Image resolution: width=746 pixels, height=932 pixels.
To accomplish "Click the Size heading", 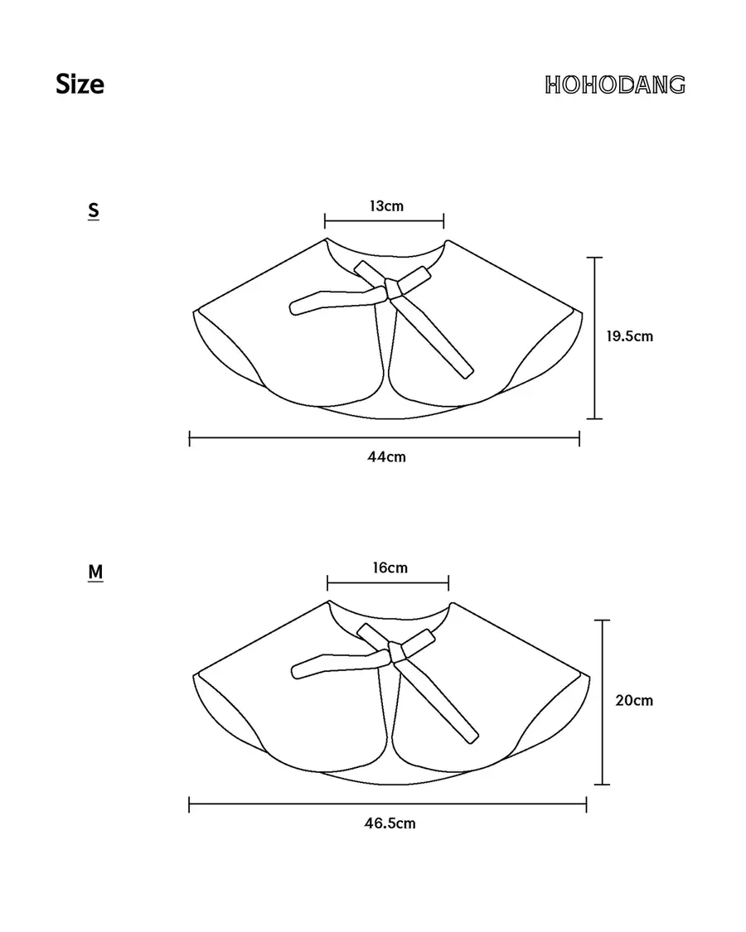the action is tap(80, 84).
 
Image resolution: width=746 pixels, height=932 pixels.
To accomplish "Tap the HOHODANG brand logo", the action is tap(614, 85).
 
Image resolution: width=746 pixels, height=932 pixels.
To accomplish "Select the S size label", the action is tap(94, 210).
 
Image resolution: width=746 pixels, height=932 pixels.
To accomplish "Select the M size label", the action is tap(95, 572).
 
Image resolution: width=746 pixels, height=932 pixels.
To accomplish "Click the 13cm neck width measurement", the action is tap(386, 205).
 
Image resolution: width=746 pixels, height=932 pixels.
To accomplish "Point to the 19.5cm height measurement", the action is tap(629, 336).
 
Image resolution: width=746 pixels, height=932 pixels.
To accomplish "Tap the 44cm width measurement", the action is tap(386, 456).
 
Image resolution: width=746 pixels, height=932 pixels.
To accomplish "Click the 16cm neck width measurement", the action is tap(390, 567).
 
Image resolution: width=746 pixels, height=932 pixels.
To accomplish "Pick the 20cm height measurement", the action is tap(634, 700).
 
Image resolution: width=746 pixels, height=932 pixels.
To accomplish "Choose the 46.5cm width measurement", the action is tap(390, 823).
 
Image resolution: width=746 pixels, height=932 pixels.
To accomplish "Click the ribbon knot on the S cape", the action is tap(393, 287).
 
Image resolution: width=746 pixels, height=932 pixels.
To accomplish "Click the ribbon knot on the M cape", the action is tap(397, 651).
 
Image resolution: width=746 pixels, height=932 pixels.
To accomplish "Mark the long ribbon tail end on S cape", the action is tap(467, 374).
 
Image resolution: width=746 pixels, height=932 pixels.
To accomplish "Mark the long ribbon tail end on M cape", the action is tap(472, 737).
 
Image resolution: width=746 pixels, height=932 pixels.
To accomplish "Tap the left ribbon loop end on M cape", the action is tap(298, 672).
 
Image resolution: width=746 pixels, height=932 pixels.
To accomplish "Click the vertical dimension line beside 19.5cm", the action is tap(595, 338).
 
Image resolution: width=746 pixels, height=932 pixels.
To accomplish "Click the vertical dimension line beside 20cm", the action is tap(603, 702).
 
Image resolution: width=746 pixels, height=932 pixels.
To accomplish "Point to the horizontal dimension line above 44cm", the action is tap(385, 438).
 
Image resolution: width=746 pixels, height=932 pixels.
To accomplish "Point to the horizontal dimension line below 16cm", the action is tap(388, 583).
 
